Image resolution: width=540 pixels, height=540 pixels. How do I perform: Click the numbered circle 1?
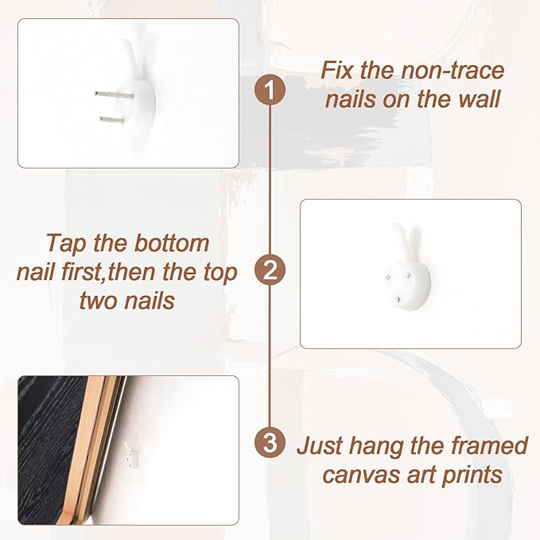click(270, 90)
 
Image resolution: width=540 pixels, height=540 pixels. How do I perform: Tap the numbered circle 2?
click(270, 270)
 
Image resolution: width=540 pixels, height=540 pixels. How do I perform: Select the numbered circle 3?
click(270, 442)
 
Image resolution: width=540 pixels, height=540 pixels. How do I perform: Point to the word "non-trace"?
click(453, 70)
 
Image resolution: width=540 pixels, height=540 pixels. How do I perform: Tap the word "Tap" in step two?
click(66, 244)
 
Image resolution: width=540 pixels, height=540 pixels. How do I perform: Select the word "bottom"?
click(172, 243)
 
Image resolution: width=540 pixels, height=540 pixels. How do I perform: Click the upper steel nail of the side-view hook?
click(114, 95)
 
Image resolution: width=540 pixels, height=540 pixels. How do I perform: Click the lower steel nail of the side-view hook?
click(111, 119)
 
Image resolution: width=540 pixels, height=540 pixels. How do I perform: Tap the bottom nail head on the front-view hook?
click(398, 300)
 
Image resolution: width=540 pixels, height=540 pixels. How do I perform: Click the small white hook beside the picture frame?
click(131, 455)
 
